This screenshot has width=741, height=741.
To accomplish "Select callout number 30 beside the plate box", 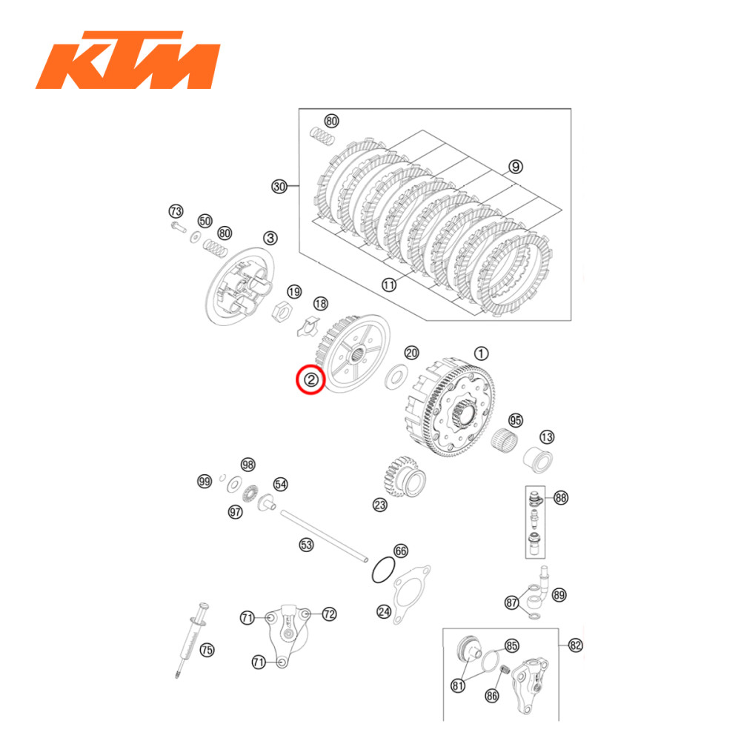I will pos(279,187).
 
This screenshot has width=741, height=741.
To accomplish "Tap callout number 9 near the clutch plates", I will pos(516,167).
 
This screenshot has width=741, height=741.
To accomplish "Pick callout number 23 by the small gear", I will pos(380,505).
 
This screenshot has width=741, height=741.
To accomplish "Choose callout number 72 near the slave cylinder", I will pos(330,614).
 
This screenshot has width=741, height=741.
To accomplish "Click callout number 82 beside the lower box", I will pos(576,645).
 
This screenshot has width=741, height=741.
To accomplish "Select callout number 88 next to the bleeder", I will pos(561,498).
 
